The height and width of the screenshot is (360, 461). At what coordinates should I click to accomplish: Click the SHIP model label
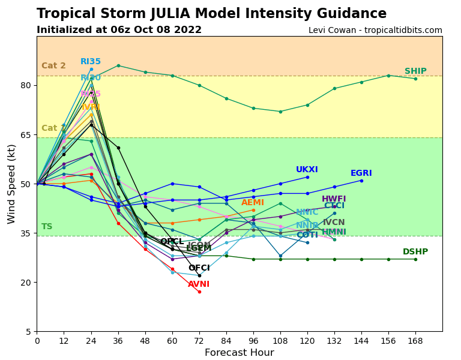point(415,71)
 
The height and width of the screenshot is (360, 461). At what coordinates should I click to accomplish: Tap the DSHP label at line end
point(415,252)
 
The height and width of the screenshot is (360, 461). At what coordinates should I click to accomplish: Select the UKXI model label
point(307,170)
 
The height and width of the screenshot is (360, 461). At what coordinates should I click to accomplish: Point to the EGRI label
point(361,173)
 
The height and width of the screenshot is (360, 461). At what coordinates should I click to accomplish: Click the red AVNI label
point(199,284)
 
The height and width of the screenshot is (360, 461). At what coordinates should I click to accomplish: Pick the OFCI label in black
point(199,268)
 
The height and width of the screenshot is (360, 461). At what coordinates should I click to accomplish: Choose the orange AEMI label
point(253,203)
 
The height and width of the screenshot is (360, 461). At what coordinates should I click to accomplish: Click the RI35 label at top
point(91,62)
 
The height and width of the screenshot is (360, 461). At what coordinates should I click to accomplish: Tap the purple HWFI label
point(334,199)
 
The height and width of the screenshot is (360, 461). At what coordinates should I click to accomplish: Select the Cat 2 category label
point(53,66)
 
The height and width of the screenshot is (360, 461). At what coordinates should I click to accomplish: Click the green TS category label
point(47,227)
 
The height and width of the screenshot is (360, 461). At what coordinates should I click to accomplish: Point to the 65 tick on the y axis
point(26,135)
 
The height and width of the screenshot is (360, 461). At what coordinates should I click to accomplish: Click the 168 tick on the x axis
point(415,340)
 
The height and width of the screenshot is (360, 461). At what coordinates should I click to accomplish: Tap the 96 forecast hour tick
point(253,340)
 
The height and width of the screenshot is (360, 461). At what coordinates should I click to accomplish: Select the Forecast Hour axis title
point(239,353)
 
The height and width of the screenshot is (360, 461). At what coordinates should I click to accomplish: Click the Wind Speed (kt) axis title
point(12,184)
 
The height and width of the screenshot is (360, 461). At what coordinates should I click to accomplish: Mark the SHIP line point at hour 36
point(118,65)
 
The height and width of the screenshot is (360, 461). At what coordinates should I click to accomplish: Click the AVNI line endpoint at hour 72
point(199,292)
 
